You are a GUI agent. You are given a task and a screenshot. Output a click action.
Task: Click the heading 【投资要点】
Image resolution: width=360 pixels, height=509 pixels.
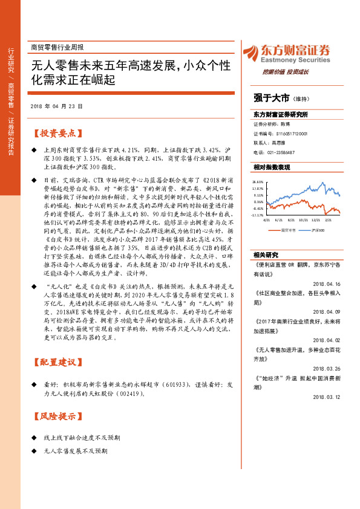(x=55, y=133)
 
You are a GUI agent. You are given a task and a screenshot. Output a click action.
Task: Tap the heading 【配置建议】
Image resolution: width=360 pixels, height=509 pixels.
(x=55, y=362)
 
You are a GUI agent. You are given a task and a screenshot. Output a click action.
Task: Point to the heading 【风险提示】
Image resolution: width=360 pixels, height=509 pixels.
(x=55, y=417)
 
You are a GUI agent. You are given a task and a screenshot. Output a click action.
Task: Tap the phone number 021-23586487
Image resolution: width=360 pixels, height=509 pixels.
(x=280, y=152)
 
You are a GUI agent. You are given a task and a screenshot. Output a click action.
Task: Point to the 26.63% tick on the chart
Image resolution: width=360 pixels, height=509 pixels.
(x=258, y=181)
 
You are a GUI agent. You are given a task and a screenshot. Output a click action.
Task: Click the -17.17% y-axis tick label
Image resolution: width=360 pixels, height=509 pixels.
(x=258, y=215)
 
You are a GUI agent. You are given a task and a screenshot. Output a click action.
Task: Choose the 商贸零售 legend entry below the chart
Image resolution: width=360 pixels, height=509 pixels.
(x=288, y=230)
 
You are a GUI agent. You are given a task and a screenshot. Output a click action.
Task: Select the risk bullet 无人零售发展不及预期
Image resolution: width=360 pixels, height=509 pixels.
(x=76, y=451)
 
